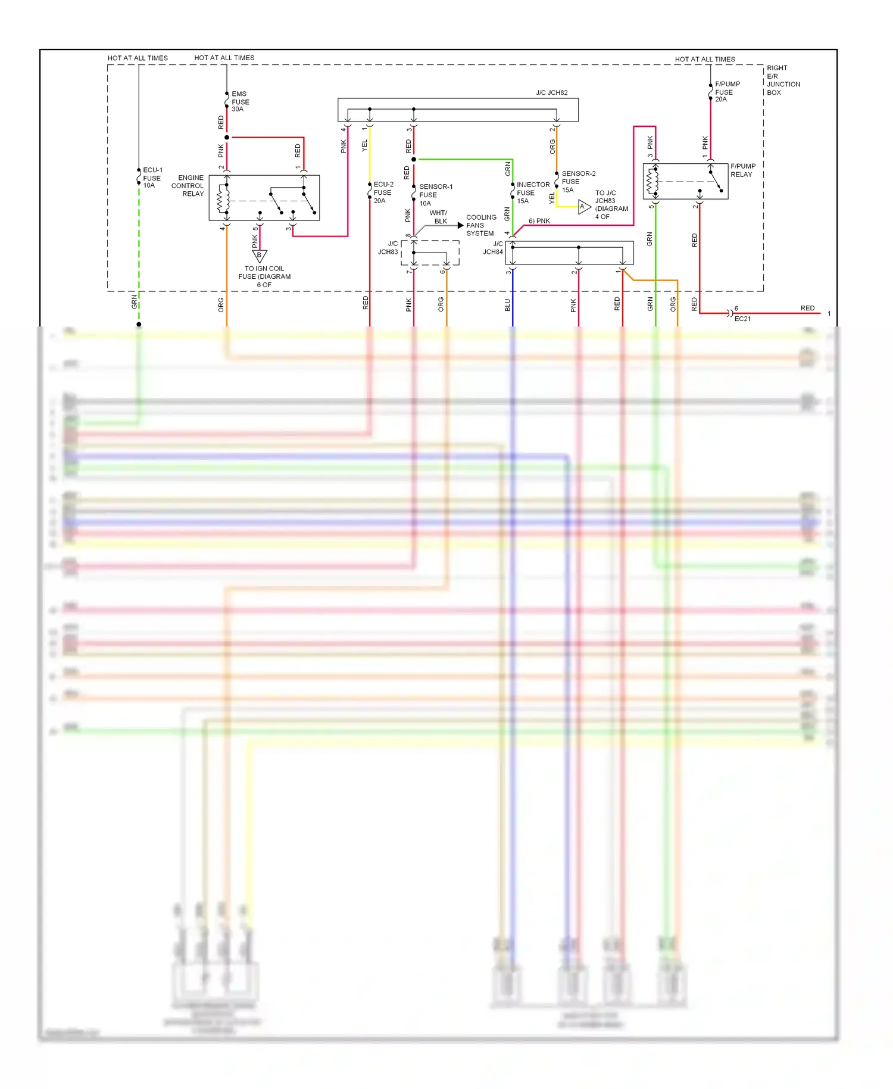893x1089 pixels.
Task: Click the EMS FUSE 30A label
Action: click(240, 101)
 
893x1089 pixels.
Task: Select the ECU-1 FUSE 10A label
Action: click(152, 178)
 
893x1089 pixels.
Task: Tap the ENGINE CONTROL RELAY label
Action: click(188, 186)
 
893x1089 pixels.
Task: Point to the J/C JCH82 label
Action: click(551, 93)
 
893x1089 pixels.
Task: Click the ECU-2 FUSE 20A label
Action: click(383, 192)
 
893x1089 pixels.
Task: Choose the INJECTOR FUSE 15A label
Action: click(532, 192)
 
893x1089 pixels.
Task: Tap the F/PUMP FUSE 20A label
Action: click(727, 92)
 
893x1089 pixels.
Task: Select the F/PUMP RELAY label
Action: click(742, 170)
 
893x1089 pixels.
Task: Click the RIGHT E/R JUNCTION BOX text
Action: click(782, 80)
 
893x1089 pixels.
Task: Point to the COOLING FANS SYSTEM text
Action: click(481, 225)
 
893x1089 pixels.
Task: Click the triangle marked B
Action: click(259, 256)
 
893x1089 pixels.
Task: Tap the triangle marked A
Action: click(583, 207)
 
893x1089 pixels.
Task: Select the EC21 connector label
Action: click(742, 319)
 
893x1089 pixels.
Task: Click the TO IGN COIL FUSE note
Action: click(264, 276)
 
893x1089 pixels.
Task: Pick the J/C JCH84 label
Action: click(494, 248)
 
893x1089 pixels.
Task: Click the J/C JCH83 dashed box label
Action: click(388, 248)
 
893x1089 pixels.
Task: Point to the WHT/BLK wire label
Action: click(439, 217)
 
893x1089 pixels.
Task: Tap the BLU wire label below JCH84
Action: click(508, 305)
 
